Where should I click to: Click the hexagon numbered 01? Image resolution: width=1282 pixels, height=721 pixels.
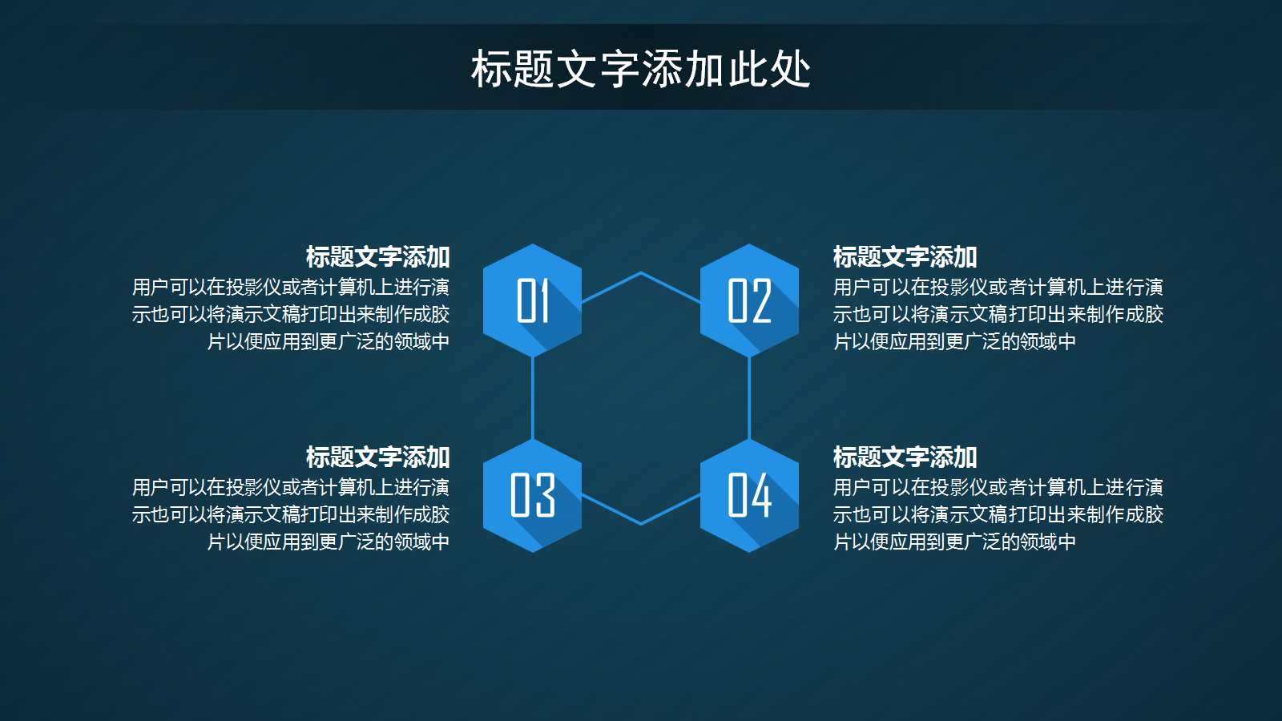(532, 300)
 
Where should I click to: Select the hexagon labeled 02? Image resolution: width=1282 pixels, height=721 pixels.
(749, 300)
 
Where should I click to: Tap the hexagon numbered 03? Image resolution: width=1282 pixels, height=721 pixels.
(532, 495)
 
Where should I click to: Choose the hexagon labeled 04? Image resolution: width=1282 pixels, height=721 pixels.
(749, 495)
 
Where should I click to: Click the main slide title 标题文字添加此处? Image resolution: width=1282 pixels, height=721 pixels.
(641, 69)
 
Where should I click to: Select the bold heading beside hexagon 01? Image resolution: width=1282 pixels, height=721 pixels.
(377, 257)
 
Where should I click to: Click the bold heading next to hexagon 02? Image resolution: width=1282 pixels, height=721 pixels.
(905, 257)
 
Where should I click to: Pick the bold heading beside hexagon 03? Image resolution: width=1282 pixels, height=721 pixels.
(377, 457)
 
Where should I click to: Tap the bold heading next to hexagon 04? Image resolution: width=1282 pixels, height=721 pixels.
(905, 457)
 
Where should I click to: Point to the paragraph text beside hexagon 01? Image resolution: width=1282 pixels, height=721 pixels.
(291, 314)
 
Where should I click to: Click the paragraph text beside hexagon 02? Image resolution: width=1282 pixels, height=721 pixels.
(998, 314)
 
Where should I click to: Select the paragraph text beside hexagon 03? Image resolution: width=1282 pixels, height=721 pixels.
(291, 514)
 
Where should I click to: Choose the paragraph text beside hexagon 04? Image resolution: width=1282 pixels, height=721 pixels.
(998, 514)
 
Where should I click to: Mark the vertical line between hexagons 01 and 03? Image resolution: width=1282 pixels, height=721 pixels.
(533, 398)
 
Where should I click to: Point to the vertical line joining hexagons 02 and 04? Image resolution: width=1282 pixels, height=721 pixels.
(749, 398)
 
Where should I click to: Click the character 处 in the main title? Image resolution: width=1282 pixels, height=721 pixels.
(791, 69)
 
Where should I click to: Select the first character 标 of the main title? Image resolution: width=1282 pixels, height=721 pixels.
(491, 69)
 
